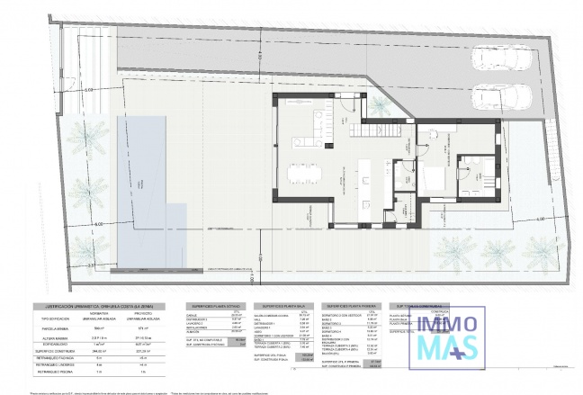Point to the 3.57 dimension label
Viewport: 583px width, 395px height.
(x=91, y=266)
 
